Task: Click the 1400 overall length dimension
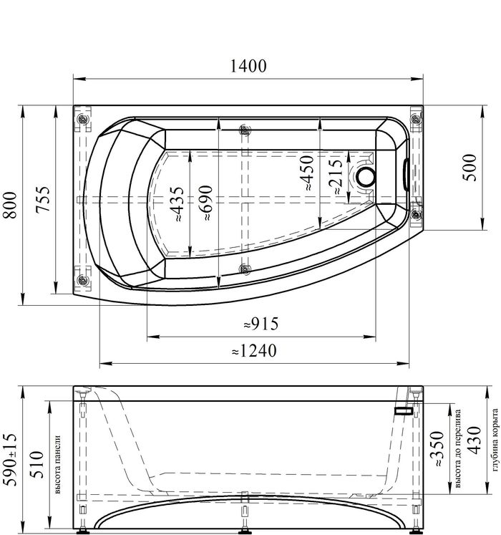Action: coord(248,66)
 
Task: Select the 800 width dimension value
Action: coord(10,205)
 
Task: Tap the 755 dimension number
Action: coord(44,199)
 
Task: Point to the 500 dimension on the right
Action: coord(469,168)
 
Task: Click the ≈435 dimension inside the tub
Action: coord(177,204)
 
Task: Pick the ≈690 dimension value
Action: coord(206,203)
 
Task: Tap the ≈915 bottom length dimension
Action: coord(261,324)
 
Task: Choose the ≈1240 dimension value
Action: coord(254,351)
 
